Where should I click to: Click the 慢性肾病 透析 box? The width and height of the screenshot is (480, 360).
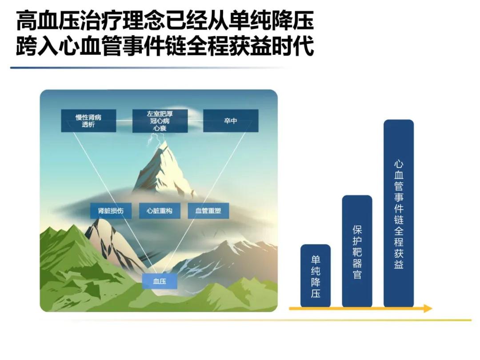[x=88, y=121]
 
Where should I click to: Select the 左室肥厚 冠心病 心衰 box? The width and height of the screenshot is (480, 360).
[x=160, y=121]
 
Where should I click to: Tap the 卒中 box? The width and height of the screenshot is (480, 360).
[x=231, y=121]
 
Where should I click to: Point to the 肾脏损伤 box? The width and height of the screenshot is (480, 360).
[x=111, y=211]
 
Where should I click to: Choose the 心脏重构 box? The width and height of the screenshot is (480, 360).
[x=160, y=211]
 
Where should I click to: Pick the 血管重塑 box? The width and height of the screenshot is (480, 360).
[x=208, y=211]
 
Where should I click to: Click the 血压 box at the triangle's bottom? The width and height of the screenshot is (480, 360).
[x=160, y=281]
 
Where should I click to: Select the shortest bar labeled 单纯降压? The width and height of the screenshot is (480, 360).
[x=316, y=276]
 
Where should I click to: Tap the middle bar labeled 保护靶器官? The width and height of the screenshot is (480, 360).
[x=357, y=251]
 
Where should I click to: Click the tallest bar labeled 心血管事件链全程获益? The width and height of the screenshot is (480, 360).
[x=399, y=213]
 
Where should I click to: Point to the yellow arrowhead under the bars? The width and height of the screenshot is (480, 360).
[x=428, y=308]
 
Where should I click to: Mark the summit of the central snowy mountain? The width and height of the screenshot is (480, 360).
[x=166, y=141]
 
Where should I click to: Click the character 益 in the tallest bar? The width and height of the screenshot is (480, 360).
[x=399, y=264]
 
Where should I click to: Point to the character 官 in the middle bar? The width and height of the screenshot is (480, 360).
[x=357, y=274]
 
